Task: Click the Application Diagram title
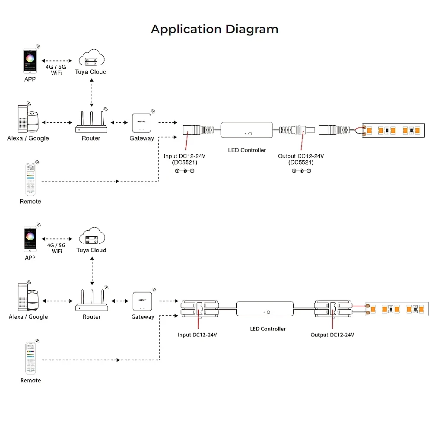coord(215,29)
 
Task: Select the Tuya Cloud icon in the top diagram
coord(91,59)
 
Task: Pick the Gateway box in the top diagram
coord(141,123)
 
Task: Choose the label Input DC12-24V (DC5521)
coord(184,159)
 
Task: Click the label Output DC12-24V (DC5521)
coord(301,159)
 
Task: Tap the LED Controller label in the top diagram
coord(247,150)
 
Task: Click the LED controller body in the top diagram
coord(247,130)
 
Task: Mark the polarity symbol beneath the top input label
coord(184,171)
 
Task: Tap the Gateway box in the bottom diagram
coord(143,301)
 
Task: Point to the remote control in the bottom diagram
coord(30,358)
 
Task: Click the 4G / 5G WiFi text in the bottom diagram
coord(57,248)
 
